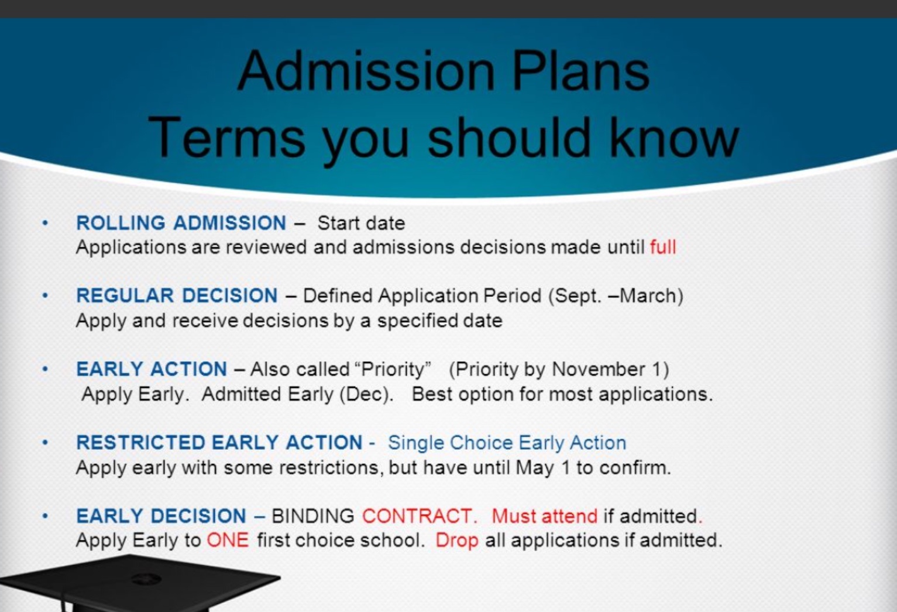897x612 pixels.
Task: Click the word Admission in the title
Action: [366, 71]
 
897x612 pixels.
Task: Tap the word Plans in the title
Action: [581, 71]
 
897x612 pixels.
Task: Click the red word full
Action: [663, 247]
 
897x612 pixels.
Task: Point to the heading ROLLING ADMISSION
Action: [181, 223]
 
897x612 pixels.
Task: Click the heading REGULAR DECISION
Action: [177, 295]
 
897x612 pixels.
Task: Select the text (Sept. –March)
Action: [616, 296]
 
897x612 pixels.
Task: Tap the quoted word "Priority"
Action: [393, 369]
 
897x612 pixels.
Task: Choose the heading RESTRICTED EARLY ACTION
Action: [219, 443]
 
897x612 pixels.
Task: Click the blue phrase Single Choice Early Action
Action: [507, 443]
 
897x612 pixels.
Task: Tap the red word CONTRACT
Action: [420, 516]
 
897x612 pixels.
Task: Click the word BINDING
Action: [312, 516]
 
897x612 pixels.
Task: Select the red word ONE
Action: [228, 541]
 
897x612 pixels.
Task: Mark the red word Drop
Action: [457, 541]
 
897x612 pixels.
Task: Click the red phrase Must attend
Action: [545, 516]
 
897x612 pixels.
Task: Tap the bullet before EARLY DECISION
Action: [45, 516]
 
